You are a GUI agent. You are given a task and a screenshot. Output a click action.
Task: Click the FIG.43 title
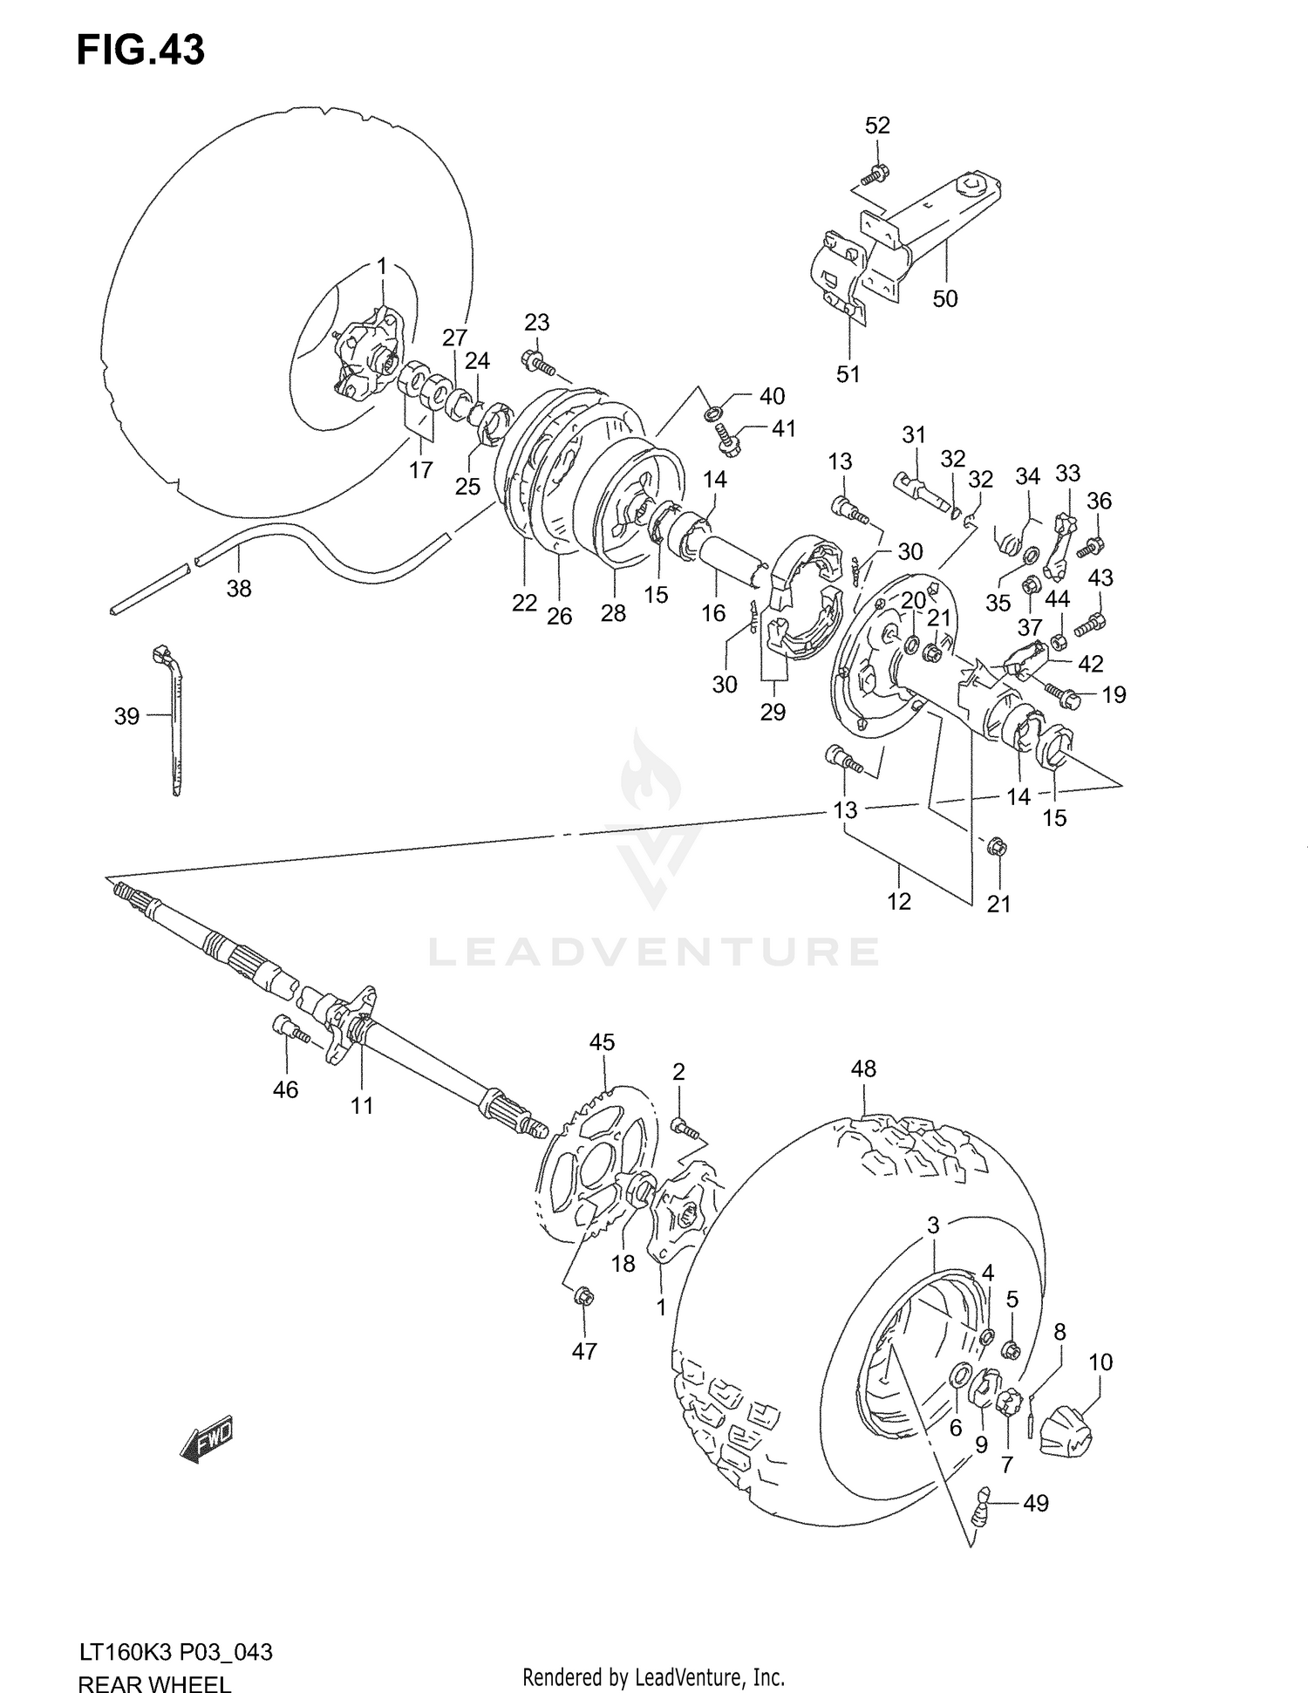(140, 51)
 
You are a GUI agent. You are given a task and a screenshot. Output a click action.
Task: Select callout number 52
(877, 126)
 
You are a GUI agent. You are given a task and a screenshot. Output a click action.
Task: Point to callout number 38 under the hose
(239, 589)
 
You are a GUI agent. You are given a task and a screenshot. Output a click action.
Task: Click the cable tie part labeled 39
(174, 715)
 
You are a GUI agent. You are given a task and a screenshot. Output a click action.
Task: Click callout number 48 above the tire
(863, 1068)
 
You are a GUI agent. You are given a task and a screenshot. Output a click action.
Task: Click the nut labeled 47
(585, 1297)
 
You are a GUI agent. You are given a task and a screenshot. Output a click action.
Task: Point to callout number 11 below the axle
(362, 1106)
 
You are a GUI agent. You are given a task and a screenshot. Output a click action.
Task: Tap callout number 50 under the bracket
(945, 298)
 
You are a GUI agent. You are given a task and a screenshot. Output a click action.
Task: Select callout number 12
(899, 901)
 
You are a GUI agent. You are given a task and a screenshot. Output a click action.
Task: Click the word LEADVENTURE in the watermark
(654, 952)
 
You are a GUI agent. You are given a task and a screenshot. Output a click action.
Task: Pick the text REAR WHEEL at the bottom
(154, 1680)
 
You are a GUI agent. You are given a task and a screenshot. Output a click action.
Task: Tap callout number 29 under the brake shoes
(773, 712)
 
